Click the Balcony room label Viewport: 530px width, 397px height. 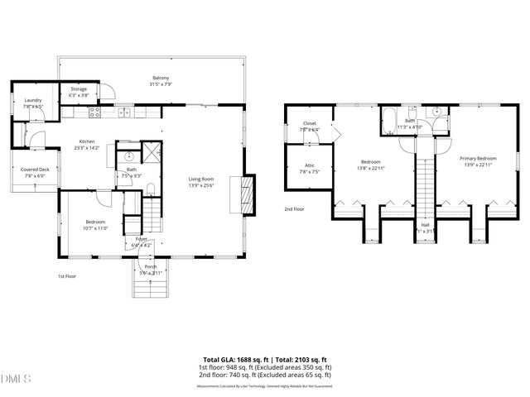tap(160, 79)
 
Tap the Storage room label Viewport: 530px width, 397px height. tap(79, 88)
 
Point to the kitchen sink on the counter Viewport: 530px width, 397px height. tap(123, 111)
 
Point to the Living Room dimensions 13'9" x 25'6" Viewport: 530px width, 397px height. tap(201, 184)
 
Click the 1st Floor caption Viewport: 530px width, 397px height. tap(67, 275)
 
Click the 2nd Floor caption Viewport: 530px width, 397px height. tap(294, 209)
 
